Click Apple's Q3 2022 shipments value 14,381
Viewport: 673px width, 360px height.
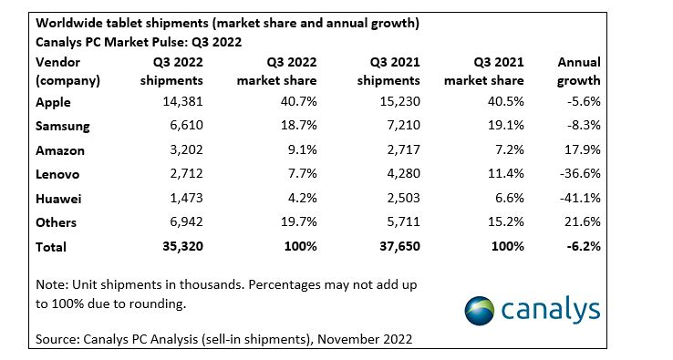click(182, 102)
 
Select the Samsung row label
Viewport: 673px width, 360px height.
click(63, 126)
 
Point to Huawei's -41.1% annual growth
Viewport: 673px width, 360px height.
click(580, 198)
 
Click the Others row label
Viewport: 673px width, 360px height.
click(57, 222)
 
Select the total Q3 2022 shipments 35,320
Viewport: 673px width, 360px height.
click(183, 246)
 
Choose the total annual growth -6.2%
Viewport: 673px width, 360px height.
click(584, 246)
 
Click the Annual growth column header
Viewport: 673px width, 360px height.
click(578, 71)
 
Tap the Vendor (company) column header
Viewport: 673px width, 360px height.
click(67, 71)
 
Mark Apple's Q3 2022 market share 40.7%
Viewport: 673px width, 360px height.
click(299, 102)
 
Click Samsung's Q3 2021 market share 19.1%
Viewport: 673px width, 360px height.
click(506, 125)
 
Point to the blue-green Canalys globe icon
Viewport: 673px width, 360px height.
click(480, 311)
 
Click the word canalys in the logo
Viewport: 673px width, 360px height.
click(550, 310)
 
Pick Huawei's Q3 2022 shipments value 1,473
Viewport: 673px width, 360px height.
click(186, 198)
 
